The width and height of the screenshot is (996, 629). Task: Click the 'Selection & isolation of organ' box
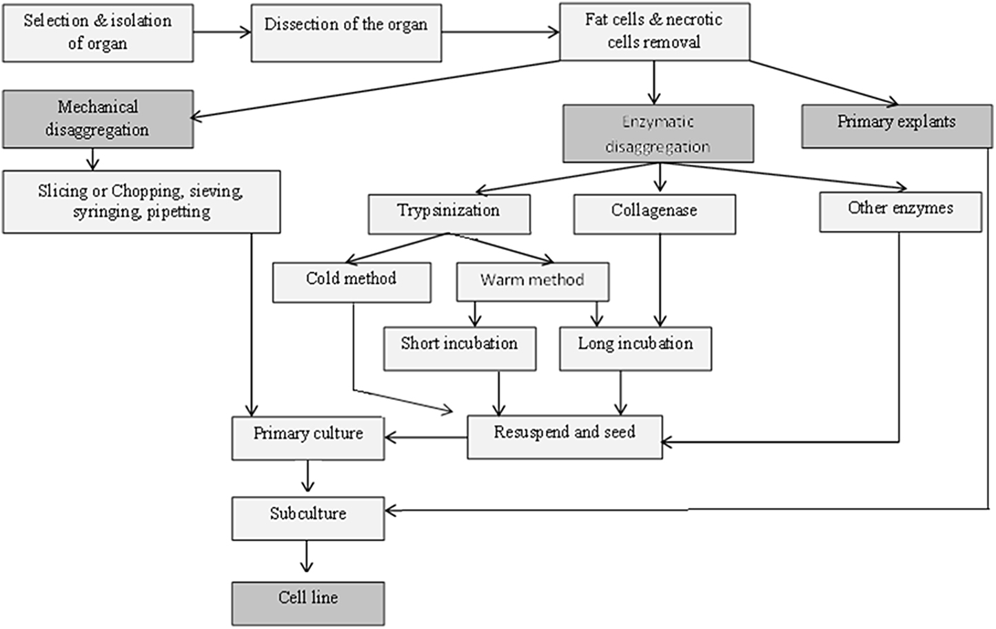[x=97, y=32]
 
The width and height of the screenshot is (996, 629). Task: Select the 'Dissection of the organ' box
[x=346, y=32]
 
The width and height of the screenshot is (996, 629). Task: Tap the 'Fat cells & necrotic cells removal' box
[x=653, y=32]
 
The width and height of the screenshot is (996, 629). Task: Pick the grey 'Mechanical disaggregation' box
[x=97, y=118]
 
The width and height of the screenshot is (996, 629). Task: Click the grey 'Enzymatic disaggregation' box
[x=658, y=134]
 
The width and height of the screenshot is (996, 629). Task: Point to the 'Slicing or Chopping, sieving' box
[x=141, y=202]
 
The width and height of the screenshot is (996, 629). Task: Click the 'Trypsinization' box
[x=449, y=214]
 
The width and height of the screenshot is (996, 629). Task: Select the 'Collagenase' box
[x=654, y=214]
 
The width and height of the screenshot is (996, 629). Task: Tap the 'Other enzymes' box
[x=900, y=212]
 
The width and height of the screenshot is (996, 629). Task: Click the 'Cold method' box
[x=352, y=282]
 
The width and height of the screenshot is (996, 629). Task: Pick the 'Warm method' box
[x=532, y=282]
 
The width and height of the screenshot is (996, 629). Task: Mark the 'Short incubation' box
[x=459, y=349]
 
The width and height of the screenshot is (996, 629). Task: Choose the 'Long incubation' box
[x=635, y=349]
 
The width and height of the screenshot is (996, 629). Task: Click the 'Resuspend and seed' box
[x=565, y=437]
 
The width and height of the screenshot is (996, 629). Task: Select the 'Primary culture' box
[x=308, y=437]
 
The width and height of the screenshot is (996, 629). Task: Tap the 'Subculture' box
[x=308, y=518]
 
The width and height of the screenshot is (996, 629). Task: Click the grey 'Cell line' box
[x=308, y=603]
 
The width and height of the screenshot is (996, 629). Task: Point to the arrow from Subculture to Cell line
[x=307, y=556]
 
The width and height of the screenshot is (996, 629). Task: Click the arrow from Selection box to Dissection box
[x=221, y=32]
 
